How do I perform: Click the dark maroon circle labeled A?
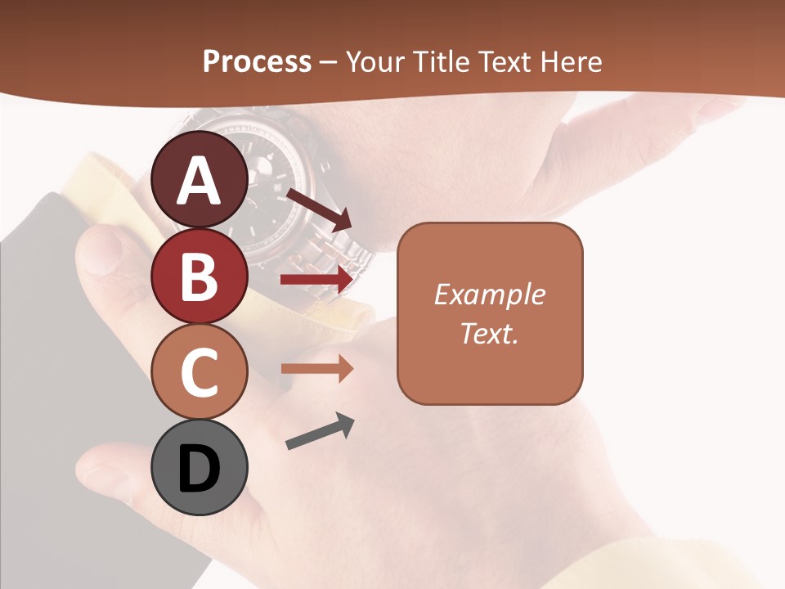[200, 180]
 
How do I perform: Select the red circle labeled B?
[200, 276]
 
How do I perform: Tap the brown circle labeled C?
[200, 372]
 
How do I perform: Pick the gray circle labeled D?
[200, 468]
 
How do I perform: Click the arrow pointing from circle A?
[318, 209]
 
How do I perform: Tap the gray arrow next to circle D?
[320, 432]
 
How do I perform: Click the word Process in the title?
[257, 62]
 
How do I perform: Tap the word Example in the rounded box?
[489, 294]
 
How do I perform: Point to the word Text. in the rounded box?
[489, 333]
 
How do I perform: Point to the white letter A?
[200, 181]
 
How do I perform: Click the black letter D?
[200, 469]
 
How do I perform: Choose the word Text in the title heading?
[506, 62]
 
